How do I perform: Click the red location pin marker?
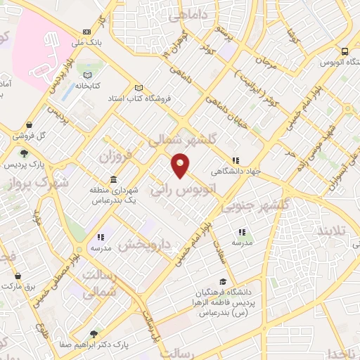[x=181, y=165]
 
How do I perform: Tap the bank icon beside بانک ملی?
[x=86, y=32]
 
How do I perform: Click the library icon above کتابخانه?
[x=87, y=75]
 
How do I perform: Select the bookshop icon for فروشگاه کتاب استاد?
[x=139, y=88]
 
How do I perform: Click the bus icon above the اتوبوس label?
[x=345, y=51]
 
